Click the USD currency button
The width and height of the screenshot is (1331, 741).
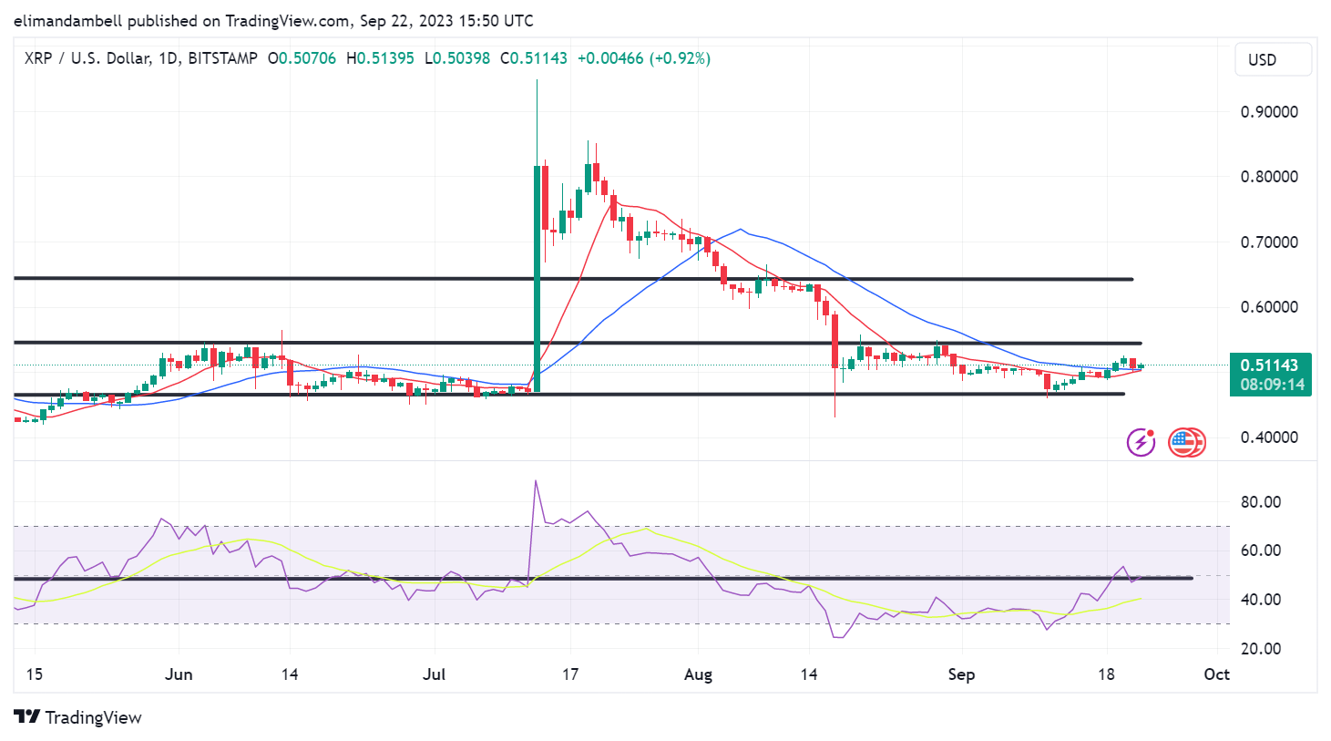[x=1273, y=60]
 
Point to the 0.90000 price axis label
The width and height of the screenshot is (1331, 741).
[x=1269, y=112]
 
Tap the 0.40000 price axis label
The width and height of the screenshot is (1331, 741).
[x=1269, y=437]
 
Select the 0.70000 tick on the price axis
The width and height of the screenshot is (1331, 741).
[x=1269, y=242]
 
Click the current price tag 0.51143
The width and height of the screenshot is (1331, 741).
[x=1269, y=365]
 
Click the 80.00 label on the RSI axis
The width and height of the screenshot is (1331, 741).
[x=1261, y=502]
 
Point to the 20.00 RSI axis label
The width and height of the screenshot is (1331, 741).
[x=1261, y=649]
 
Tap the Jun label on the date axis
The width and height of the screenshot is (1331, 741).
[x=179, y=674]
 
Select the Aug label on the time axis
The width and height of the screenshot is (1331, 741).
[x=698, y=674]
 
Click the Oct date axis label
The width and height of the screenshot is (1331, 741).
[x=1216, y=674]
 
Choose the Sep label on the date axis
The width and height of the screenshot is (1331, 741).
[x=961, y=674]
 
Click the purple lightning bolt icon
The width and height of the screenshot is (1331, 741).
[x=1141, y=442]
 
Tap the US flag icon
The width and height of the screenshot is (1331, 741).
[x=1183, y=442]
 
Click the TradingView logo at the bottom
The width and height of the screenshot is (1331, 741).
[x=78, y=717]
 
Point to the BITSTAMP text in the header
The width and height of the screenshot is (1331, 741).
[x=223, y=58]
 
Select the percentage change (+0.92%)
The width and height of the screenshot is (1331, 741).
[x=680, y=58]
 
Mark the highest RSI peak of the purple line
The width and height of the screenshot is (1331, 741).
[x=536, y=481]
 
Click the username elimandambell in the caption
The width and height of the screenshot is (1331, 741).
[x=67, y=20]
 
